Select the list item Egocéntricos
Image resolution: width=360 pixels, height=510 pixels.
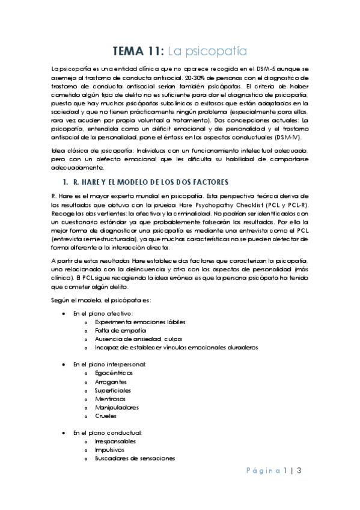pos(114,373)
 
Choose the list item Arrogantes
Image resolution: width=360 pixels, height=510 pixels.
pos(111,381)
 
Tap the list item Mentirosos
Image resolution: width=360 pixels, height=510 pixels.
pos(111,398)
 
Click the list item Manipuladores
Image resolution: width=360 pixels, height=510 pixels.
pos(116,407)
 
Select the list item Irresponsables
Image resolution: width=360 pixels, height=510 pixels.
pos(115,441)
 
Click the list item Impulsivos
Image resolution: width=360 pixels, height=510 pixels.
pos(110,449)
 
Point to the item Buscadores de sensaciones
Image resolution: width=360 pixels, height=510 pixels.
pos(135,458)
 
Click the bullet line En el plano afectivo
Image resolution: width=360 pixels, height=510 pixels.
pos(103,313)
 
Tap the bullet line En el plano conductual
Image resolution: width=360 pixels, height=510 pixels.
pos(107,432)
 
